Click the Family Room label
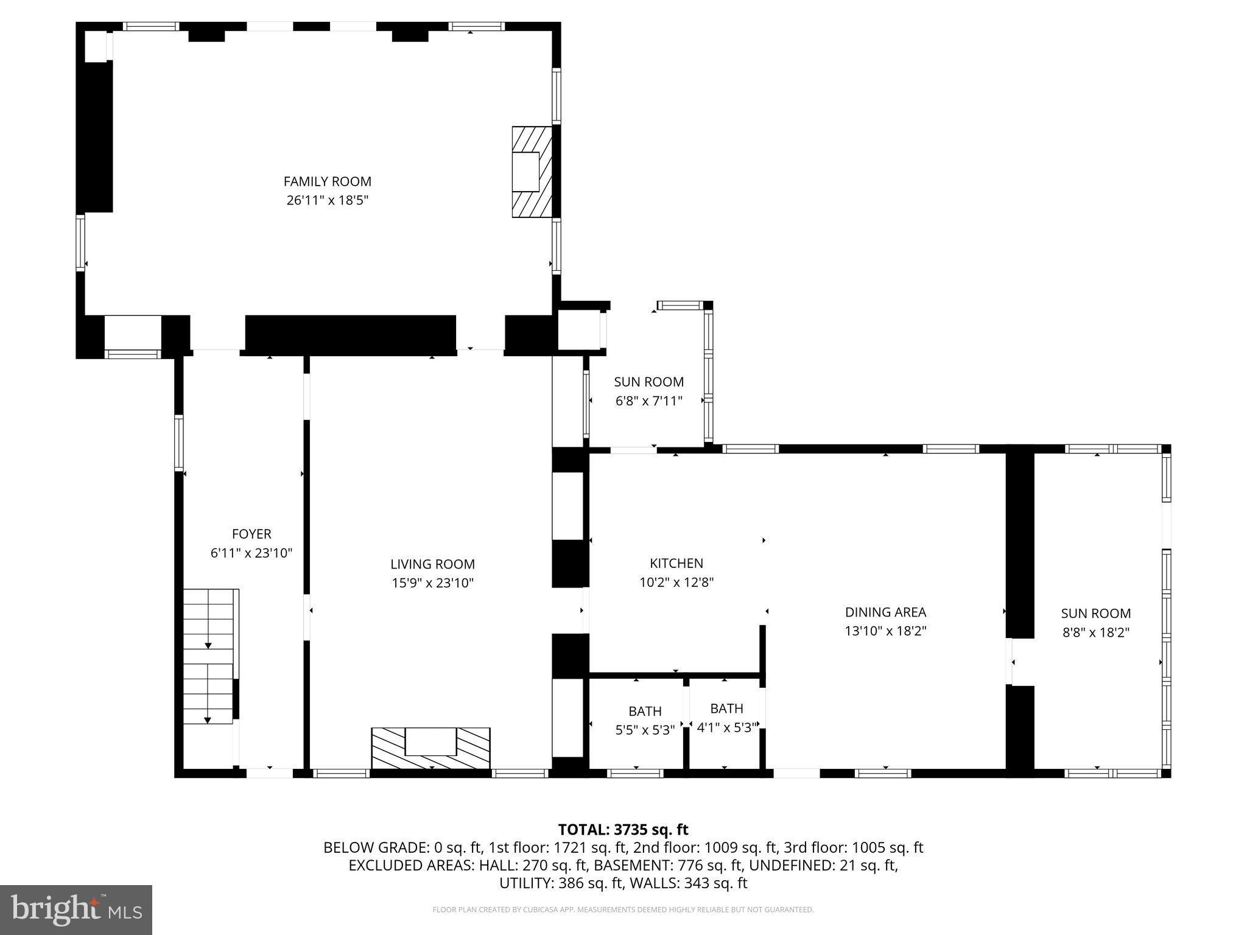click(x=327, y=181)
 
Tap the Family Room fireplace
click(x=531, y=172)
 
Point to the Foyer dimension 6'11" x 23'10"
click(x=251, y=553)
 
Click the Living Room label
click(x=432, y=564)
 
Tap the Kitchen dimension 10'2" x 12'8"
click(x=676, y=583)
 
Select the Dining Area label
click(x=885, y=612)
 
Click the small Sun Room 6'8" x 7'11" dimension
click(x=648, y=401)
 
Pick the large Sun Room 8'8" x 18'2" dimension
click(x=1096, y=632)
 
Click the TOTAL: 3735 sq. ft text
click(x=623, y=830)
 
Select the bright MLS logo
click(x=76, y=909)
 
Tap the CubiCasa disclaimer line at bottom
click(x=623, y=910)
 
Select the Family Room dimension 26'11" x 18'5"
click(x=327, y=200)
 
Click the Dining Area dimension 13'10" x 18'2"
click(x=885, y=631)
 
